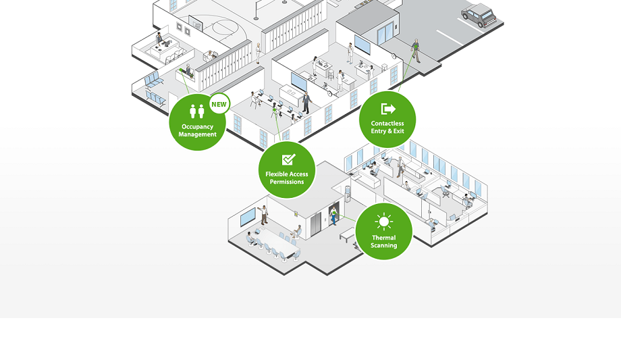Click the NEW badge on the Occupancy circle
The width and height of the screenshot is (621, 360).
click(219, 104)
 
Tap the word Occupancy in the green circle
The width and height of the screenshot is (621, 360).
click(197, 126)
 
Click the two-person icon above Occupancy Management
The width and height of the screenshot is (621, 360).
click(197, 111)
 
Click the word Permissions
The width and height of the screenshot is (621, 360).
click(287, 182)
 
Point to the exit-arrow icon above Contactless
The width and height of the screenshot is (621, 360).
click(387, 109)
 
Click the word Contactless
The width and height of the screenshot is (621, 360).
click(387, 124)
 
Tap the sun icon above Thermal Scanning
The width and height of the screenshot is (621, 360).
click(383, 222)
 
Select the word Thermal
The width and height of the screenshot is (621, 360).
click(383, 238)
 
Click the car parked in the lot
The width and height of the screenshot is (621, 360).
click(479, 15)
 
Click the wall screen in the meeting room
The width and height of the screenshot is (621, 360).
click(248, 216)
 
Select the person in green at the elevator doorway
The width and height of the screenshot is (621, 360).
click(333, 216)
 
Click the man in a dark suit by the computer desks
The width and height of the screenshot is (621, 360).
click(306, 102)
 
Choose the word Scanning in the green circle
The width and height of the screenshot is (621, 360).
click(383, 245)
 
